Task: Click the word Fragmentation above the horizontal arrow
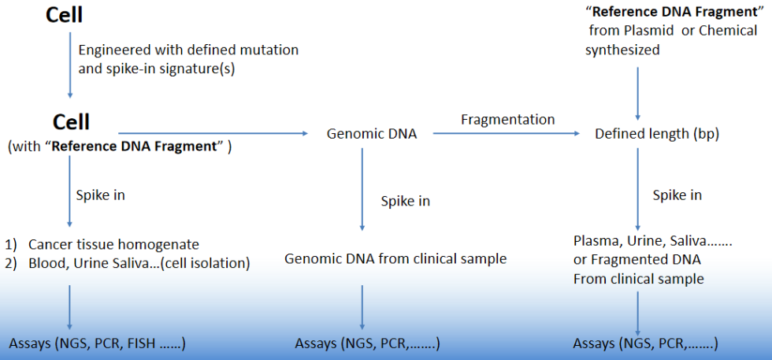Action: pyautogui.click(x=507, y=120)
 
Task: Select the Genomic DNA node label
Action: pyautogui.click(x=372, y=134)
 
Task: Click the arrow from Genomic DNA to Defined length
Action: pyautogui.click(x=506, y=134)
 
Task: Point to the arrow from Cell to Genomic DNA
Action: pyautogui.click(x=213, y=133)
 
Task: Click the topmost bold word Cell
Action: pyautogui.click(x=64, y=15)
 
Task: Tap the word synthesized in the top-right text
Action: pyautogui.click(x=622, y=50)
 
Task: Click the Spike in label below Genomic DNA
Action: pyautogui.click(x=405, y=202)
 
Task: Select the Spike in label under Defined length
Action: pyautogui.click(x=677, y=195)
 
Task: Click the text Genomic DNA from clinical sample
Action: pyautogui.click(x=395, y=258)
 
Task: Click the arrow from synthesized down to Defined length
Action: pyautogui.click(x=638, y=94)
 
